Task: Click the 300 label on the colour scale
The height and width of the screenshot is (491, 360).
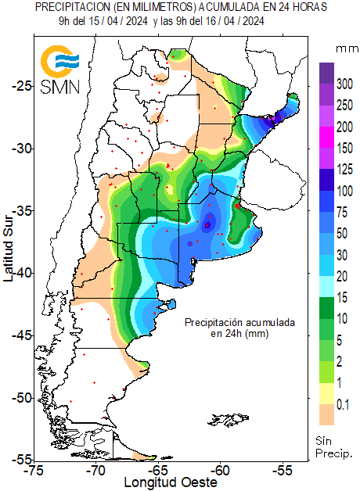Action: click(344, 84)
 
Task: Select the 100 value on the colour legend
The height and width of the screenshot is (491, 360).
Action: click(344, 190)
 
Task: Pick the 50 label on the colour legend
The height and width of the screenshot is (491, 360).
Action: click(343, 232)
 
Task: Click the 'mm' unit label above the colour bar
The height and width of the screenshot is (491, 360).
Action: click(345, 48)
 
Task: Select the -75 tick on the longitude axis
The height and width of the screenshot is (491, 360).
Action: click(34, 471)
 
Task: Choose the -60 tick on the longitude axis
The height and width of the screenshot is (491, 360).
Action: click(221, 471)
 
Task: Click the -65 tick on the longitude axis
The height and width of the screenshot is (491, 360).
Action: click(159, 471)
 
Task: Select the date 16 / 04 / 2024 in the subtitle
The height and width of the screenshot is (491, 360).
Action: click(230, 21)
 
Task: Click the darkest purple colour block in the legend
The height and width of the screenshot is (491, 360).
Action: click(326, 73)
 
